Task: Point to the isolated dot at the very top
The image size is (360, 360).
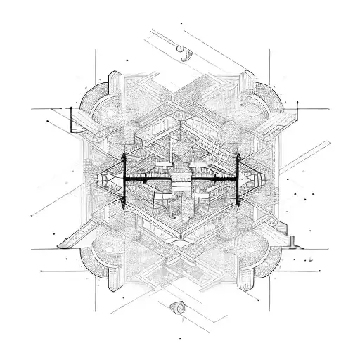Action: [181, 23]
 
